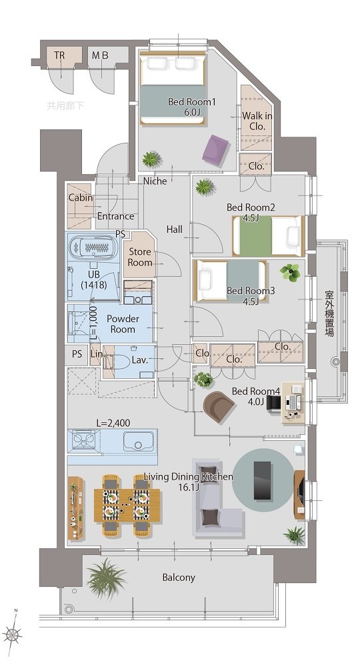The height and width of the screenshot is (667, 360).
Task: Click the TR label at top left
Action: click(59, 55)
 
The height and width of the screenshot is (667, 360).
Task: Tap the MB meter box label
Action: click(100, 55)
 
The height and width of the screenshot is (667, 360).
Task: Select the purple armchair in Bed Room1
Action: click(217, 149)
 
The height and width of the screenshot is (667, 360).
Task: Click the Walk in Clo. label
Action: click(257, 121)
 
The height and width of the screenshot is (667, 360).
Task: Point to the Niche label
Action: click(155, 181)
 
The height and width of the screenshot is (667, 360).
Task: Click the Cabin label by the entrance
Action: click(81, 197)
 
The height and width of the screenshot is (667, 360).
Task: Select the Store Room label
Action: click(140, 257)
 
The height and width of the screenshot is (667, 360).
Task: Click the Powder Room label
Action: click(123, 323)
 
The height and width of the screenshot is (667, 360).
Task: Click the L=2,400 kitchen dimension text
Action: click(113, 423)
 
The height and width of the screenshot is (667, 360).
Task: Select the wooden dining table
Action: click(127, 505)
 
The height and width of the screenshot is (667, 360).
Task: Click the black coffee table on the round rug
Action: click(263, 480)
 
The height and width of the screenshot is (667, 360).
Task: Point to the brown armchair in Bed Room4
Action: click(219, 406)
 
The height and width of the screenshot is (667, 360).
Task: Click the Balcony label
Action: click(179, 577)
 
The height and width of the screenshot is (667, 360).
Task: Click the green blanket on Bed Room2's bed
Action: click(255, 236)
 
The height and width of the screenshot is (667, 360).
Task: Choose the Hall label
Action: click(174, 229)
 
